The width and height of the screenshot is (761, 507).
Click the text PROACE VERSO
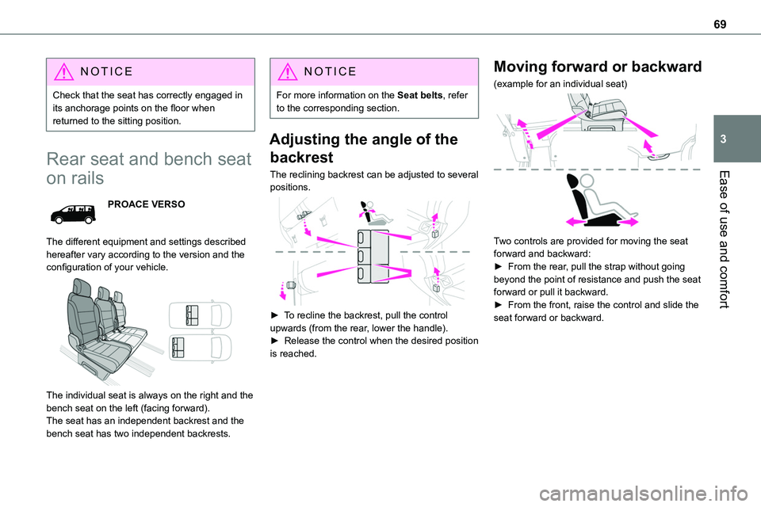tap(146, 204)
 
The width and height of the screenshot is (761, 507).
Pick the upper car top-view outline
tap(201, 315)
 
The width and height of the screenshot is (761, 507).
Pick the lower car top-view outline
tap(201, 345)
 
